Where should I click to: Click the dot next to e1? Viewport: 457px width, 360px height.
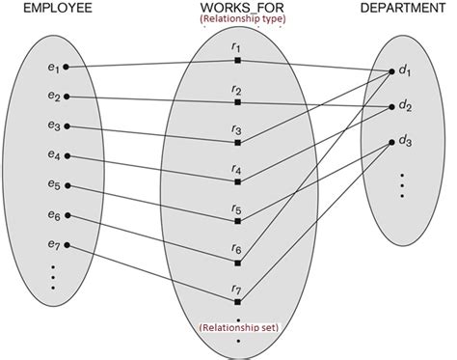(x=66, y=68)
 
